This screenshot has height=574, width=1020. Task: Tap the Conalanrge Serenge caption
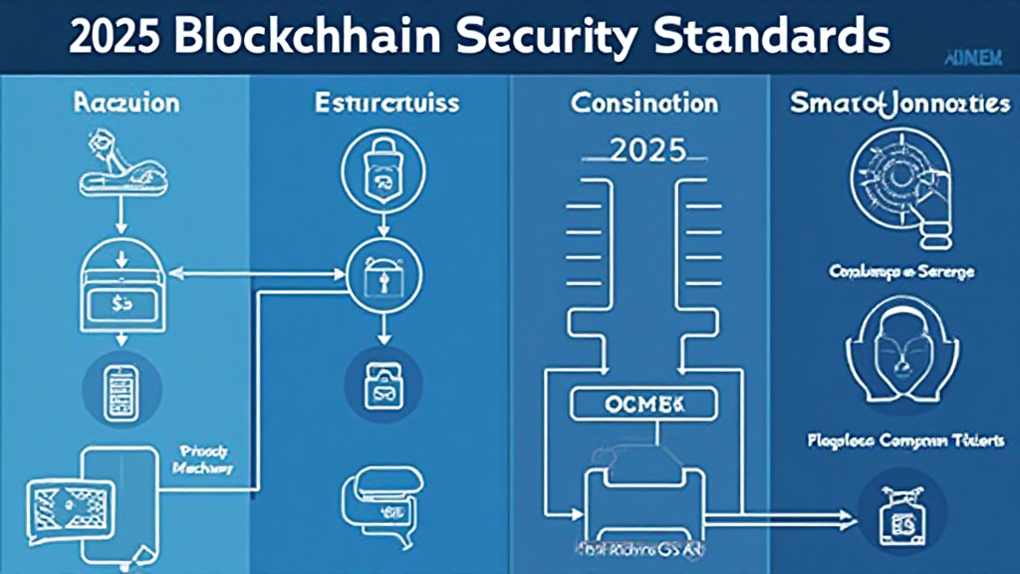[x=901, y=271]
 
